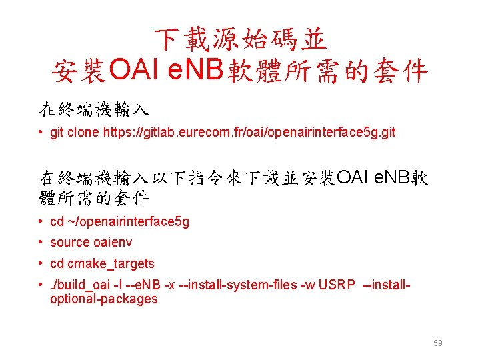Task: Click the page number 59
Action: click(438, 343)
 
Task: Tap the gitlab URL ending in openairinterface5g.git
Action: click(249, 132)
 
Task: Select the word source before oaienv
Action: click(69, 242)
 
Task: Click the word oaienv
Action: click(113, 242)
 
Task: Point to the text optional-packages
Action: click(104, 299)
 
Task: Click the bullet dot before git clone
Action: click(41, 132)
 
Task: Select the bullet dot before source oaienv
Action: click(41, 242)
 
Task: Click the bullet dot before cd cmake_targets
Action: click(41, 263)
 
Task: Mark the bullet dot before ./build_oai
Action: click(41, 285)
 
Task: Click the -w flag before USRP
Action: click(308, 285)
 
